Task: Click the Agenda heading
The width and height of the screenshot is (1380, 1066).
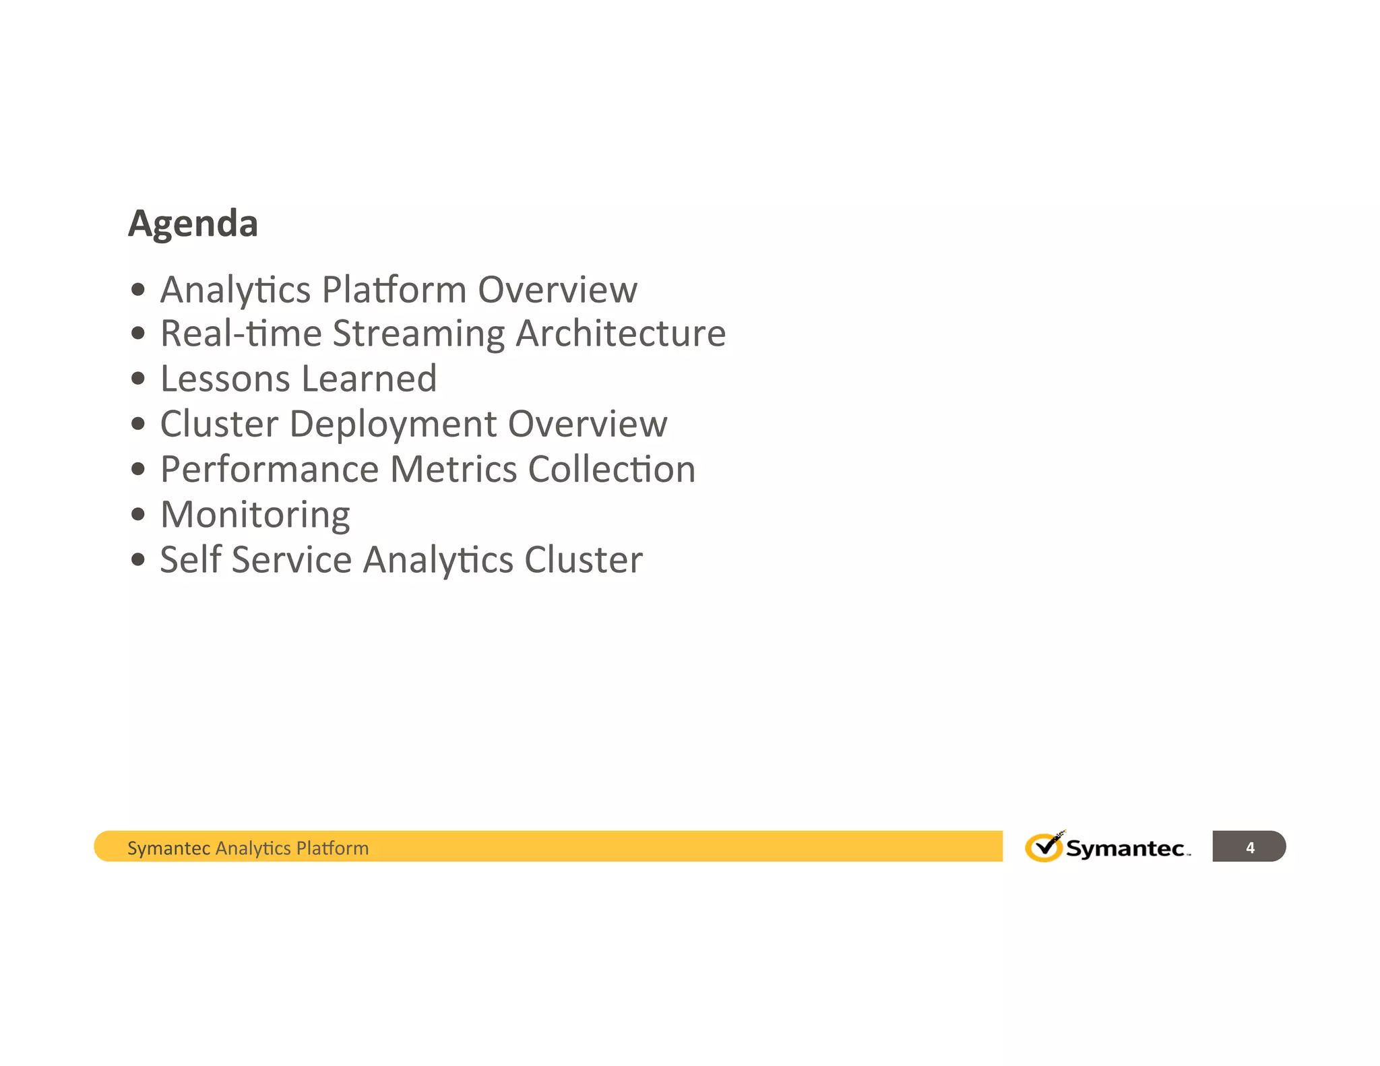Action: (193, 224)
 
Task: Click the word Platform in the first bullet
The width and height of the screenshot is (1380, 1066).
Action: (394, 290)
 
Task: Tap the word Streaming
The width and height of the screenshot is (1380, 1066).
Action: (418, 334)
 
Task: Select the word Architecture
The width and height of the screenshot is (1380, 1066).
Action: (621, 334)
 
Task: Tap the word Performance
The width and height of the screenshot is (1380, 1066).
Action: (270, 470)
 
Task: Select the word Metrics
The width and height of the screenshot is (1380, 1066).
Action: (453, 470)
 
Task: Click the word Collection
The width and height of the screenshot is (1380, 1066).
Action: (612, 470)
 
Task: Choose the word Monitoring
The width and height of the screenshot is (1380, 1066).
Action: (255, 515)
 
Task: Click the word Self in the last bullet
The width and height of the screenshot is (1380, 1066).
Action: (191, 560)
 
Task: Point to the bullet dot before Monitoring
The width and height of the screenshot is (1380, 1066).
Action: (138, 515)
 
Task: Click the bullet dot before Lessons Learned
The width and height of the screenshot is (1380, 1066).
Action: (138, 379)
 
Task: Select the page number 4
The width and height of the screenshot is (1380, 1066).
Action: (1250, 848)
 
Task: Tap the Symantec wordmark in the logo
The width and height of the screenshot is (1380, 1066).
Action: (1125, 848)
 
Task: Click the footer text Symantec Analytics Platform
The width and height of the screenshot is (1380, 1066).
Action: (248, 848)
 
